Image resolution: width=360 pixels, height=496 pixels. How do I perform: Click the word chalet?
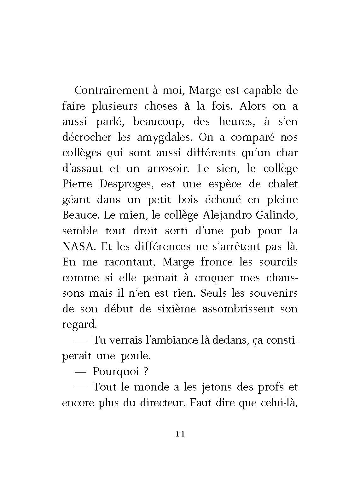click(283, 184)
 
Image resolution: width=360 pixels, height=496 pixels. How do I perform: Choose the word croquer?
click(214, 278)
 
